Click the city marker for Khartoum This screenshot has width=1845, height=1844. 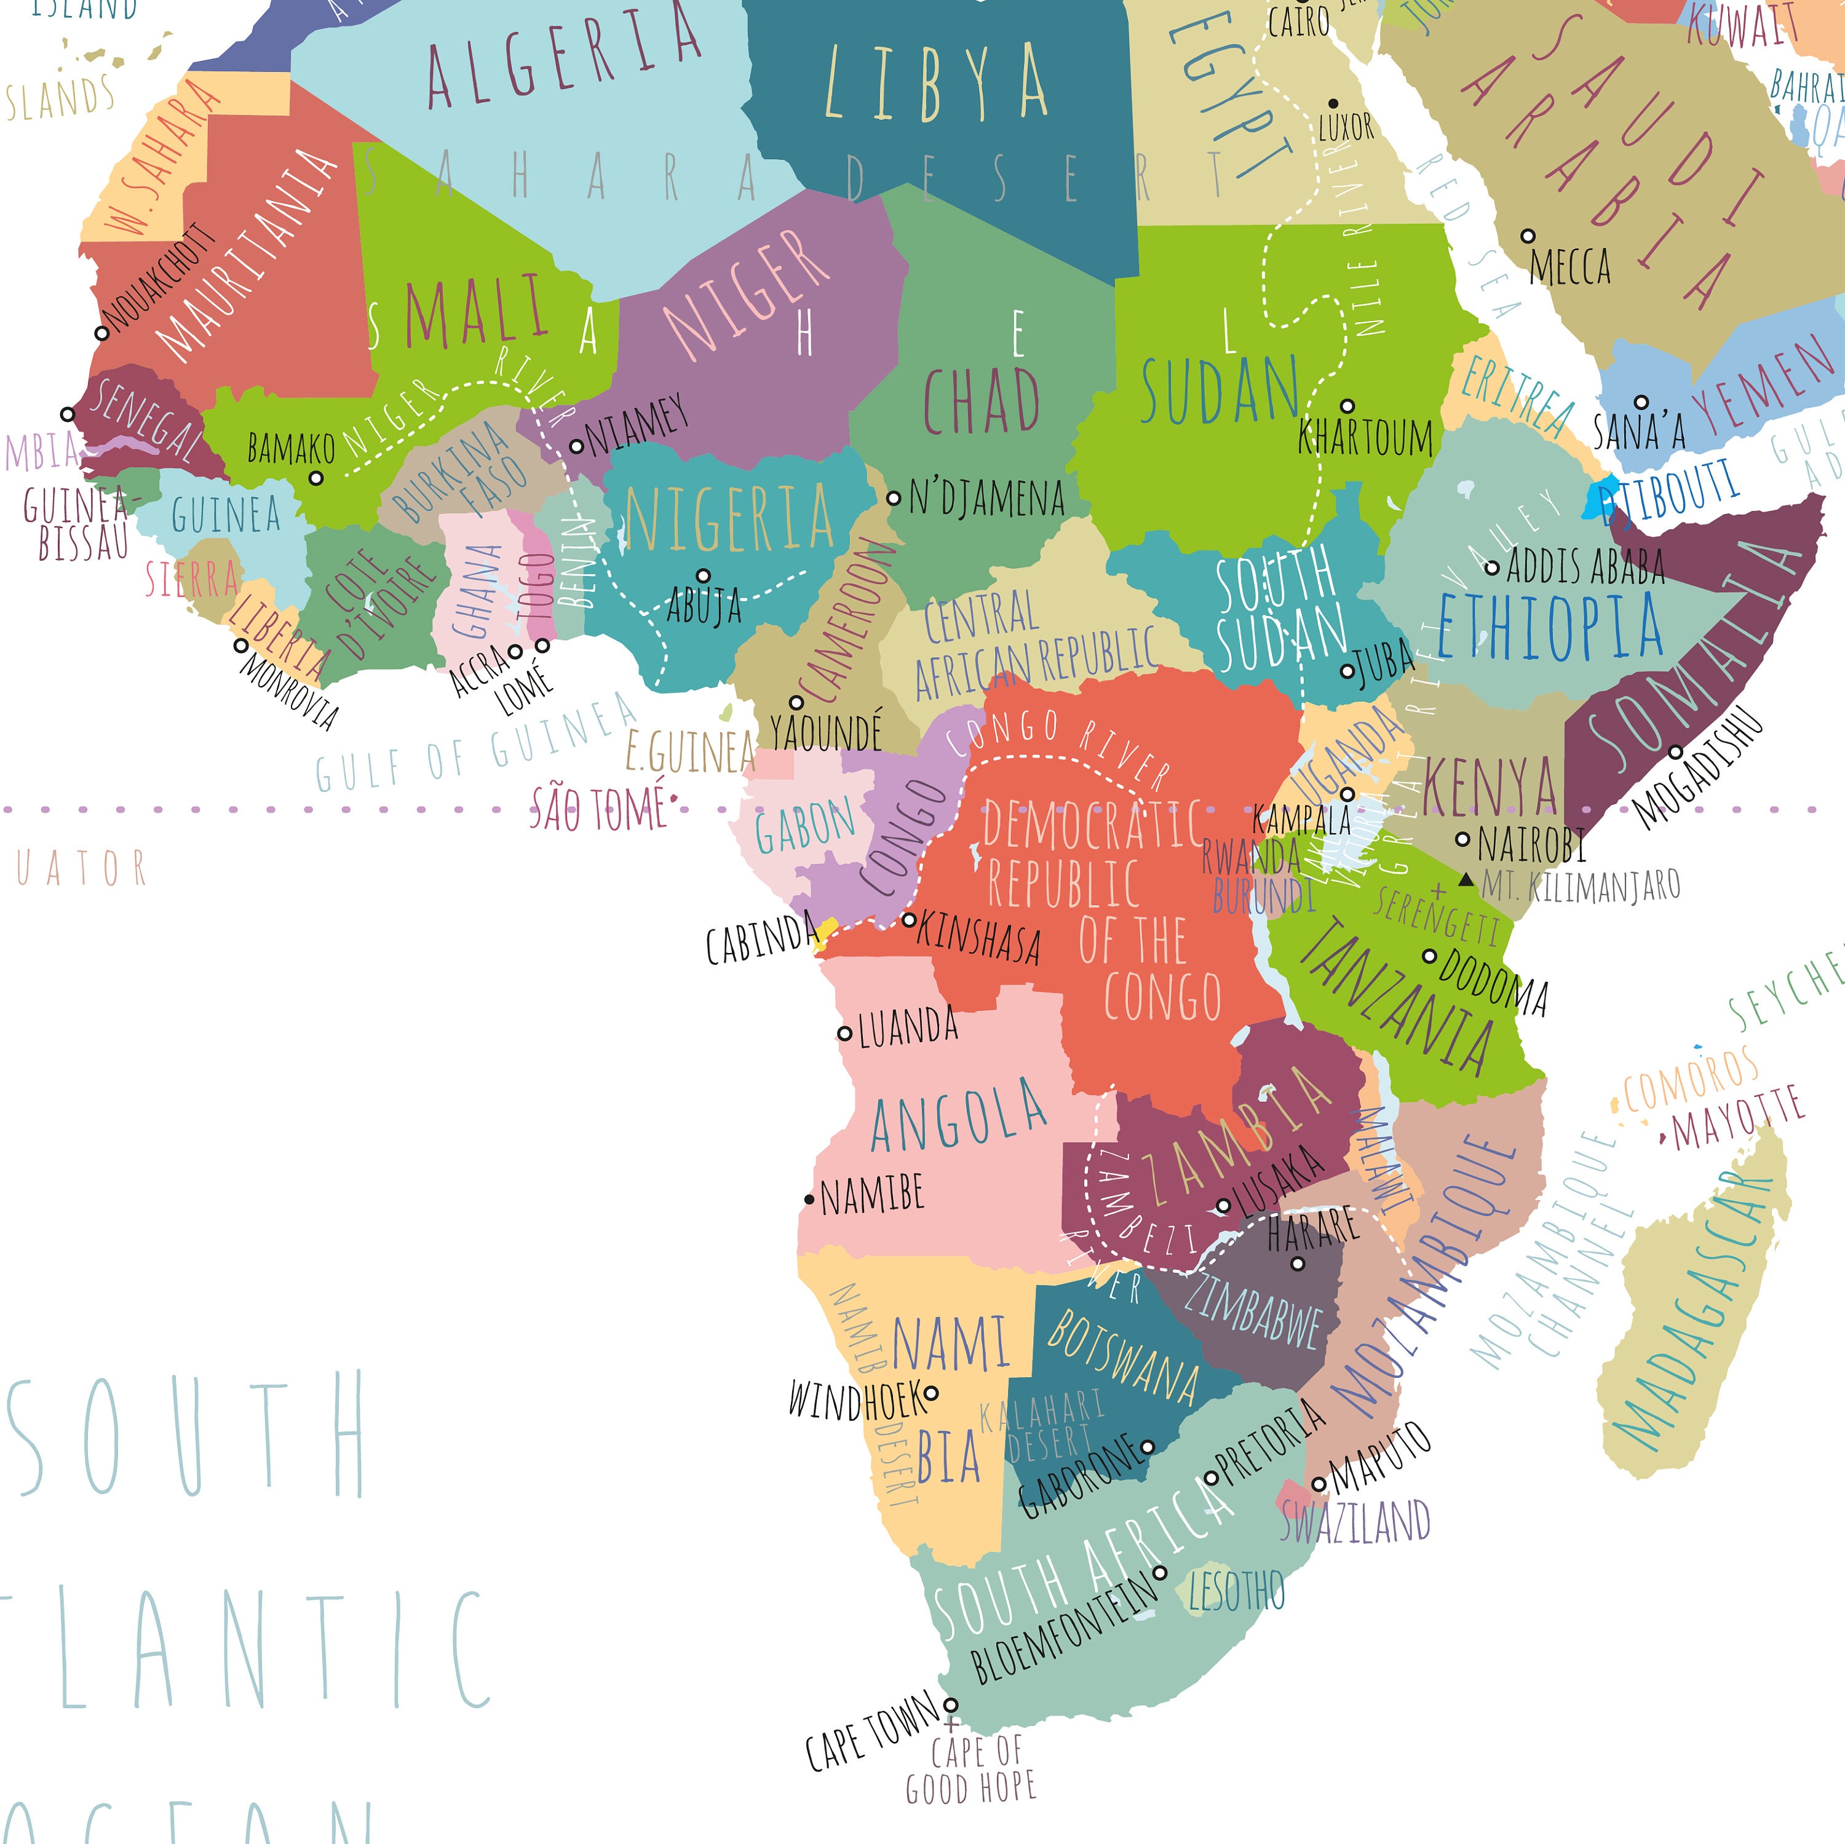pyautogui.click(x=1347, y=406)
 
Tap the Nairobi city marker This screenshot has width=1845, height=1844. pyautogui.click(x=1462, y=839)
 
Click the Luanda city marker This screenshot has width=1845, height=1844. pyautogui.click(x=844, y=1032)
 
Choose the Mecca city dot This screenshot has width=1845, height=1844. pyautogui.click(x=1528, y=235)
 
